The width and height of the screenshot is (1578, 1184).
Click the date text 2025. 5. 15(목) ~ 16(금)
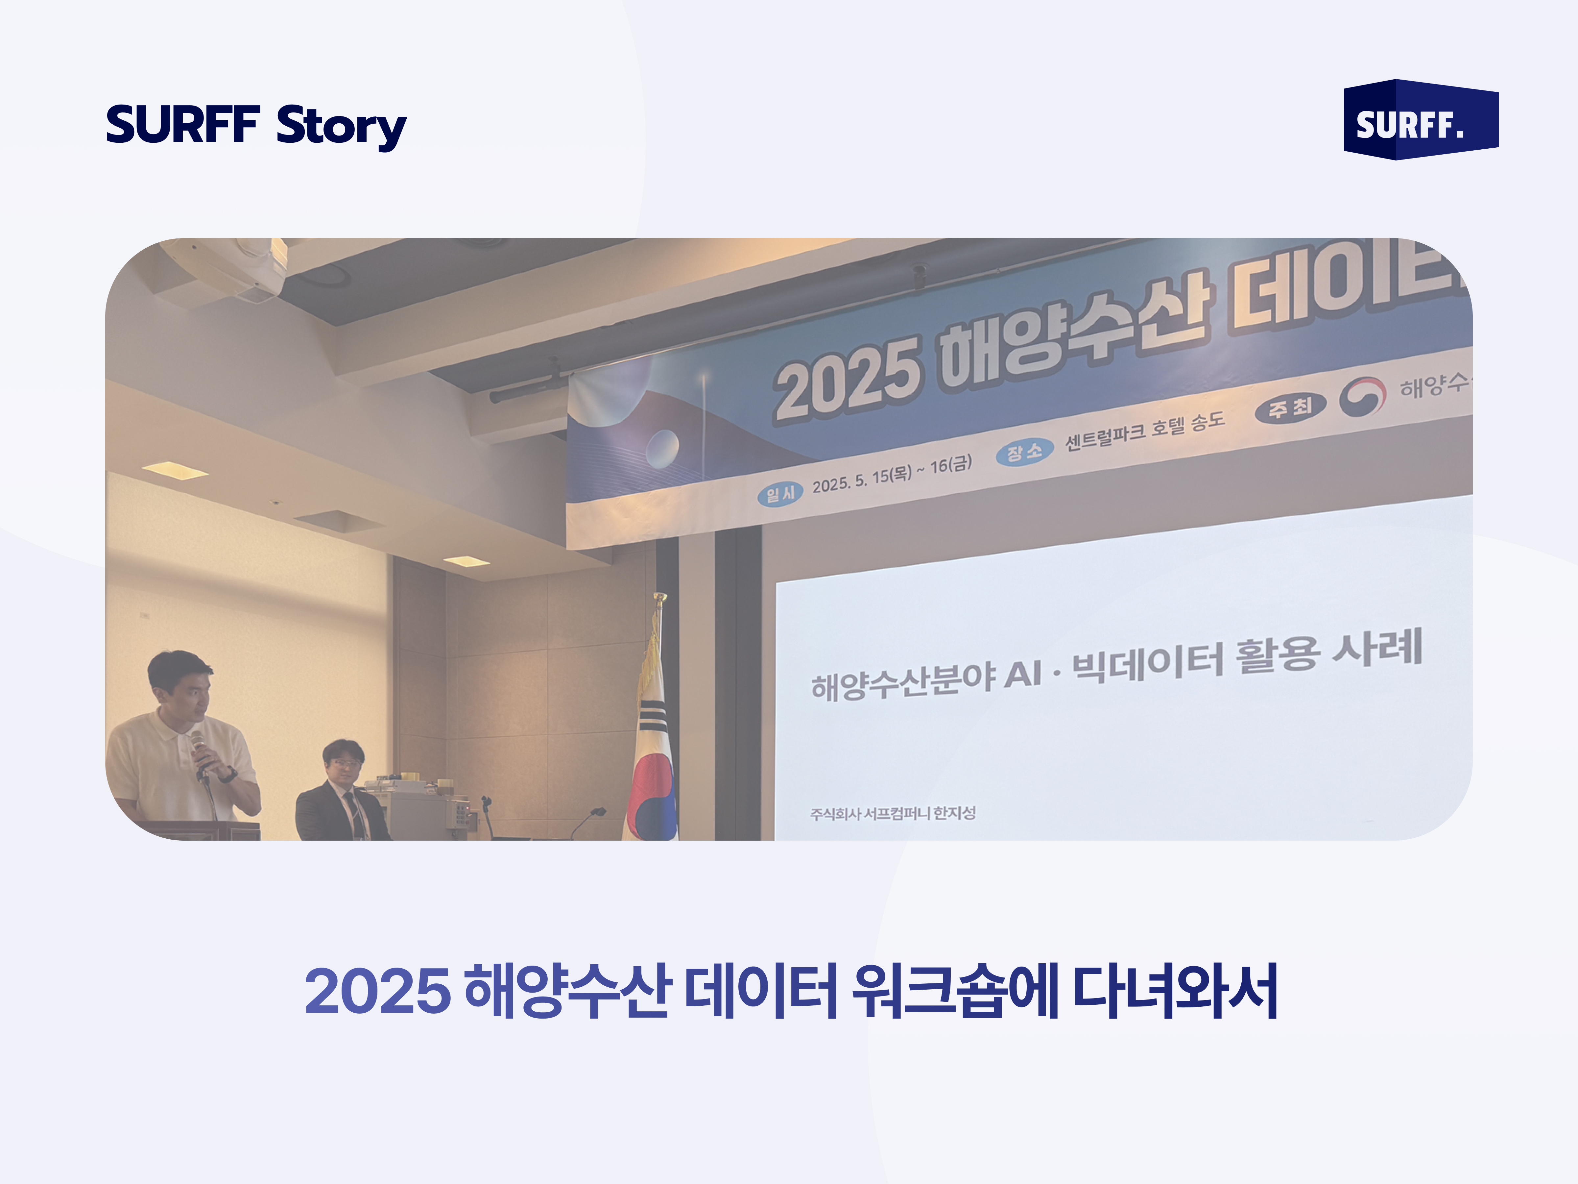(x=892, y=475)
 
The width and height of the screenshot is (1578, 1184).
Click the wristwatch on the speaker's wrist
(x=227, y=774)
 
